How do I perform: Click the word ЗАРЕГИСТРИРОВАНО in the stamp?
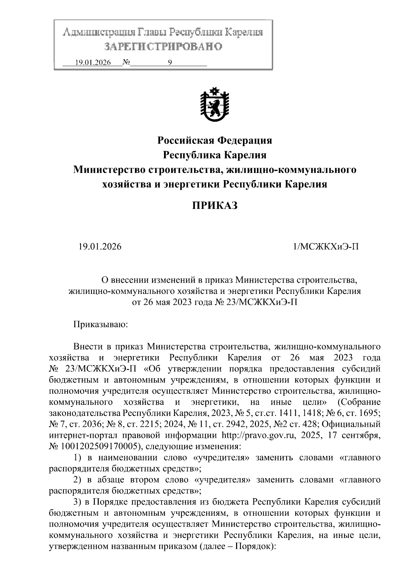163,46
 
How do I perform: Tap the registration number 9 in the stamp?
170,63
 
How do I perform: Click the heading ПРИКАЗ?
214,206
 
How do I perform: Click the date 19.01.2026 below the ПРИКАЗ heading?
100,247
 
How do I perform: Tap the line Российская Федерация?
214,140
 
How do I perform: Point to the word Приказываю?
100,324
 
